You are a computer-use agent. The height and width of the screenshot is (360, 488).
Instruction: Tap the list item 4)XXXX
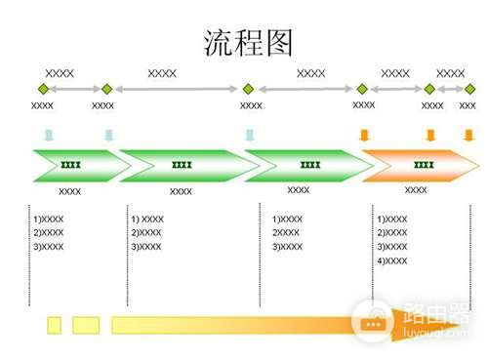392,260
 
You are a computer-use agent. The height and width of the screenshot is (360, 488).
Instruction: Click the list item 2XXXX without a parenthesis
286,233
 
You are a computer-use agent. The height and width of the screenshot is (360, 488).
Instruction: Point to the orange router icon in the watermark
372,322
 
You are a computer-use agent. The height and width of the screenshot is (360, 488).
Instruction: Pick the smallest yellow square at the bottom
55,324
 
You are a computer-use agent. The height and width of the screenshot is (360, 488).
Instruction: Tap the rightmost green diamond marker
468,89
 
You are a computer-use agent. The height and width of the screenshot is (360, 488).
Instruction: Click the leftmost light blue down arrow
48,135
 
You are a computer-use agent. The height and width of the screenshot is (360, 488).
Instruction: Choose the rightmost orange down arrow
468,135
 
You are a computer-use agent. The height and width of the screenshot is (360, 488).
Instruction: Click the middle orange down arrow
429,135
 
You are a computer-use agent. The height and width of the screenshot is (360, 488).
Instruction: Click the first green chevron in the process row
74,165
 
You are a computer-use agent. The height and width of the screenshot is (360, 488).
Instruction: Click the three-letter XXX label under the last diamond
468,105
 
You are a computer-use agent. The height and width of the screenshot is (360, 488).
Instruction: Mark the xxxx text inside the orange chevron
424,165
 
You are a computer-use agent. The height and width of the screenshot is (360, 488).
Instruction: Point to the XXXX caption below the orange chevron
416,190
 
